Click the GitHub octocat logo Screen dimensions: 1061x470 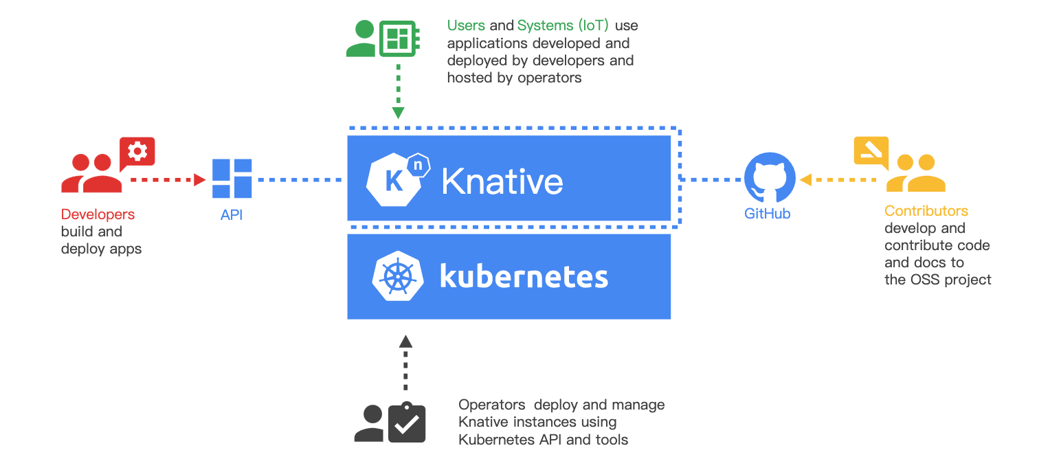click(770, 178)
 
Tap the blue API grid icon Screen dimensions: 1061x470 click(232, 178)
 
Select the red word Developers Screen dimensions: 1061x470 click(98, 214)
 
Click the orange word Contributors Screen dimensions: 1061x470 click(926, 211)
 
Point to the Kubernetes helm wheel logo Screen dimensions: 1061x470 click(398, 276)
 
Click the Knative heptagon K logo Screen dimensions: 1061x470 click(397, 179)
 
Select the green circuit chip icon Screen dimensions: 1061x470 click(399, 38)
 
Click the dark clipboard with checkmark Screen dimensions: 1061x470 click(406, 423)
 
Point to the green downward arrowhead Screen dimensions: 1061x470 click(399, 113)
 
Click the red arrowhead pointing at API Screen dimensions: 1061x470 click(200, 180)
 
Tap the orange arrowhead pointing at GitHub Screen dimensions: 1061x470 click(805, 180)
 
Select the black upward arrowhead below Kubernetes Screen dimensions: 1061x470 click(405, 342)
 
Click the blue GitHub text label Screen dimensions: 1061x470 click(767, 214)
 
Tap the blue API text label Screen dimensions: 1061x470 click(232, 215)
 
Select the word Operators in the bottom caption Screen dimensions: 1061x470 click(491, 405)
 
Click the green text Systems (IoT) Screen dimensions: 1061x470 click(563, 25)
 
